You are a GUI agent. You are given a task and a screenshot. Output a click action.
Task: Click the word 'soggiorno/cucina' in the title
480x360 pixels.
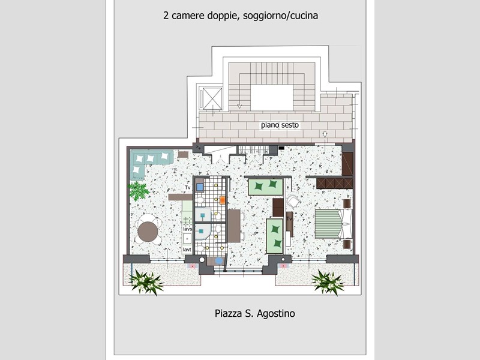[280, 16]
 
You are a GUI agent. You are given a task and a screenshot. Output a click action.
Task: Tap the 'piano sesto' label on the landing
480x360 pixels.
[280, 125]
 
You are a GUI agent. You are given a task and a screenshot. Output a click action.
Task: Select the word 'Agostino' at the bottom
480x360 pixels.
[276, 314]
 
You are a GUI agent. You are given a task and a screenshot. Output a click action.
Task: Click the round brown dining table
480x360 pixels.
[148, 232]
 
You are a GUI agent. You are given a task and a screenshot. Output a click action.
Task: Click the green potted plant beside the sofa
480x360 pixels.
[139, 190]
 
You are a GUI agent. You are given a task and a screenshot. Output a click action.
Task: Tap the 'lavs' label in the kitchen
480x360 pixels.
[187, 229]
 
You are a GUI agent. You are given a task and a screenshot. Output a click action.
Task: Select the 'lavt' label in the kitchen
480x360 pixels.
[187, 250]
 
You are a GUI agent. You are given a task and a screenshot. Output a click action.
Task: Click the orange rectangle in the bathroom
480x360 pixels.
[223, 200]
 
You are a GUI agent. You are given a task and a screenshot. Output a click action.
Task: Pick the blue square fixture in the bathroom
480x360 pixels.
[200, 187]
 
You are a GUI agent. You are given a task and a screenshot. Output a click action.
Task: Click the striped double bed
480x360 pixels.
[333, 223]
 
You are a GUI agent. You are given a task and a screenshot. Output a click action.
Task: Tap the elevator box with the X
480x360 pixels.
[212, 98]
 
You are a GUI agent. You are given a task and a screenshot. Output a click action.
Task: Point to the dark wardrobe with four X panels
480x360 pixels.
[335, 184]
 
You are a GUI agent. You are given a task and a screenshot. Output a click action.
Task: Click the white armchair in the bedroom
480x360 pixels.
[293, 202]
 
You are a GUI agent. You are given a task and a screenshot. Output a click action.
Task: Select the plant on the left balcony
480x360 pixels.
[146, 282]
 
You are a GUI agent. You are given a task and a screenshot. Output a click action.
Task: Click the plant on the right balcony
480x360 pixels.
[328, 283]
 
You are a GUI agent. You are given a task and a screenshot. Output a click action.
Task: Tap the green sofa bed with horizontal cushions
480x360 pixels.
[265, 187]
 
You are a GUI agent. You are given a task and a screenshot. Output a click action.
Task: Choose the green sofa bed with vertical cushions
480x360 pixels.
[275, 236]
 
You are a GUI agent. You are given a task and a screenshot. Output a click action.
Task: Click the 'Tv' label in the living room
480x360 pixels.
[188, 187]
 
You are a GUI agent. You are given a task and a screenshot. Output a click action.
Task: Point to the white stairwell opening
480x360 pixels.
[272, 98]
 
